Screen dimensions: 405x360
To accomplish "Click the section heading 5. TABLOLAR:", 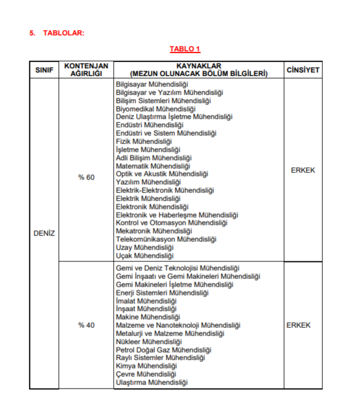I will pos(57,33).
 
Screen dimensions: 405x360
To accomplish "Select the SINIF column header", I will pos(44,70).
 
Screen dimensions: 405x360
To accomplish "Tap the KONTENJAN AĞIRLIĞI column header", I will pos(86,69).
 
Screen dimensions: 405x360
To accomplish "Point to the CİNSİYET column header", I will pos(303,70).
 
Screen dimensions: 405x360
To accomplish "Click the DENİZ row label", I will pos(44,233).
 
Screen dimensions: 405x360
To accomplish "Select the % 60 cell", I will pos(86,177).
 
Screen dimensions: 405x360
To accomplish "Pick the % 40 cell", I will pos(86,325).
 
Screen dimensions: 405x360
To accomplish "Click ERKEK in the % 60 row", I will pos(303,170).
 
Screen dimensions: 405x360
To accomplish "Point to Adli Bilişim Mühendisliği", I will pos(154,158).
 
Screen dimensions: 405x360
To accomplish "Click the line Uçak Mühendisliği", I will pos(145,255).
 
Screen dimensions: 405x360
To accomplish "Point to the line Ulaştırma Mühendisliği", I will pos(151,383).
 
